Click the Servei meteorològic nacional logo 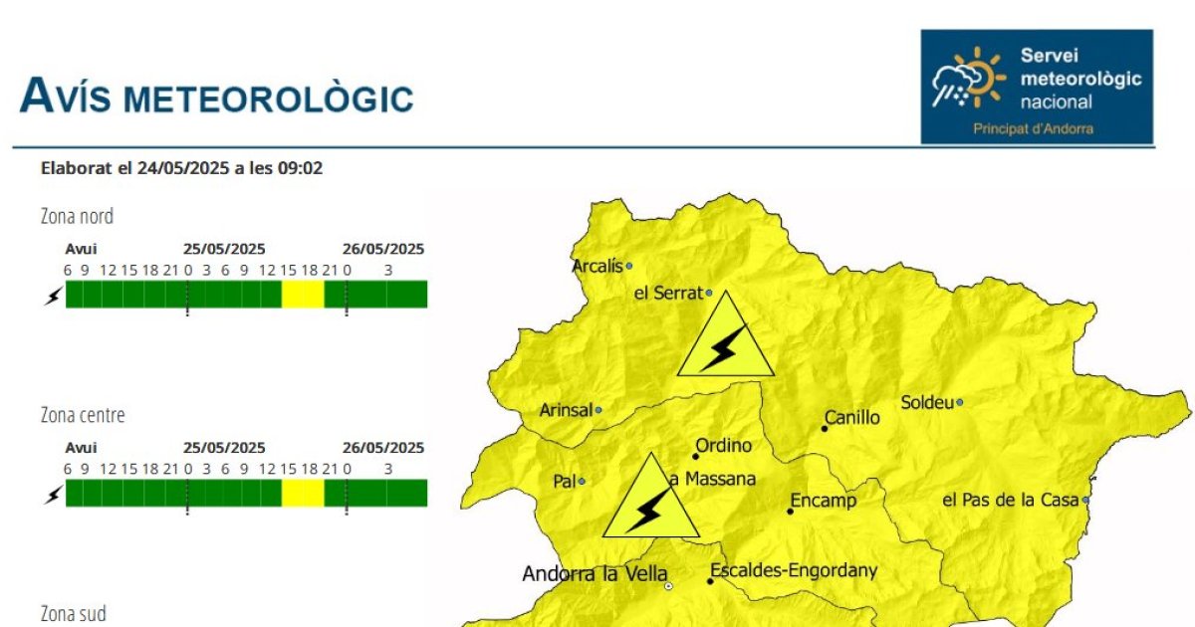pos(1037,87)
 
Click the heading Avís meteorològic pos(217,96)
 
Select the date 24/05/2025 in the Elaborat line pos(183,168)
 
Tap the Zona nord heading pos(77,217)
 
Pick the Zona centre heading pos(83,415)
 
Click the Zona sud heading pos(73,614)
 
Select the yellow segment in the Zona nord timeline pos(303,295)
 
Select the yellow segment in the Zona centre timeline pos(303,494)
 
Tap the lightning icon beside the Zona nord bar pos(54,296)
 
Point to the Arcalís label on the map pos(597,266)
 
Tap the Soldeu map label pos(927,402)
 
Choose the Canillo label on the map pos(852,417)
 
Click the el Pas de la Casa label pos(1011,500)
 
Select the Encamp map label pos(824,501)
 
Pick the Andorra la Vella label pos(595,574)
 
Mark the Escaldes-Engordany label pos(794,571)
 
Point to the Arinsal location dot pos(598,410)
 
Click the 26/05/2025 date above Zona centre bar pos(383,448)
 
